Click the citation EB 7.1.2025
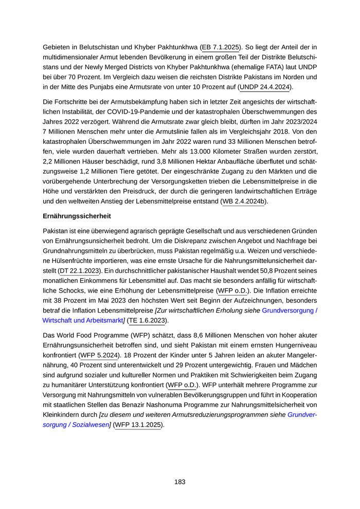220,47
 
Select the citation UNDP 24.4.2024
266,87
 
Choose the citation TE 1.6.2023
148,320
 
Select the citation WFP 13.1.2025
138,425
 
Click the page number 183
179,482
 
